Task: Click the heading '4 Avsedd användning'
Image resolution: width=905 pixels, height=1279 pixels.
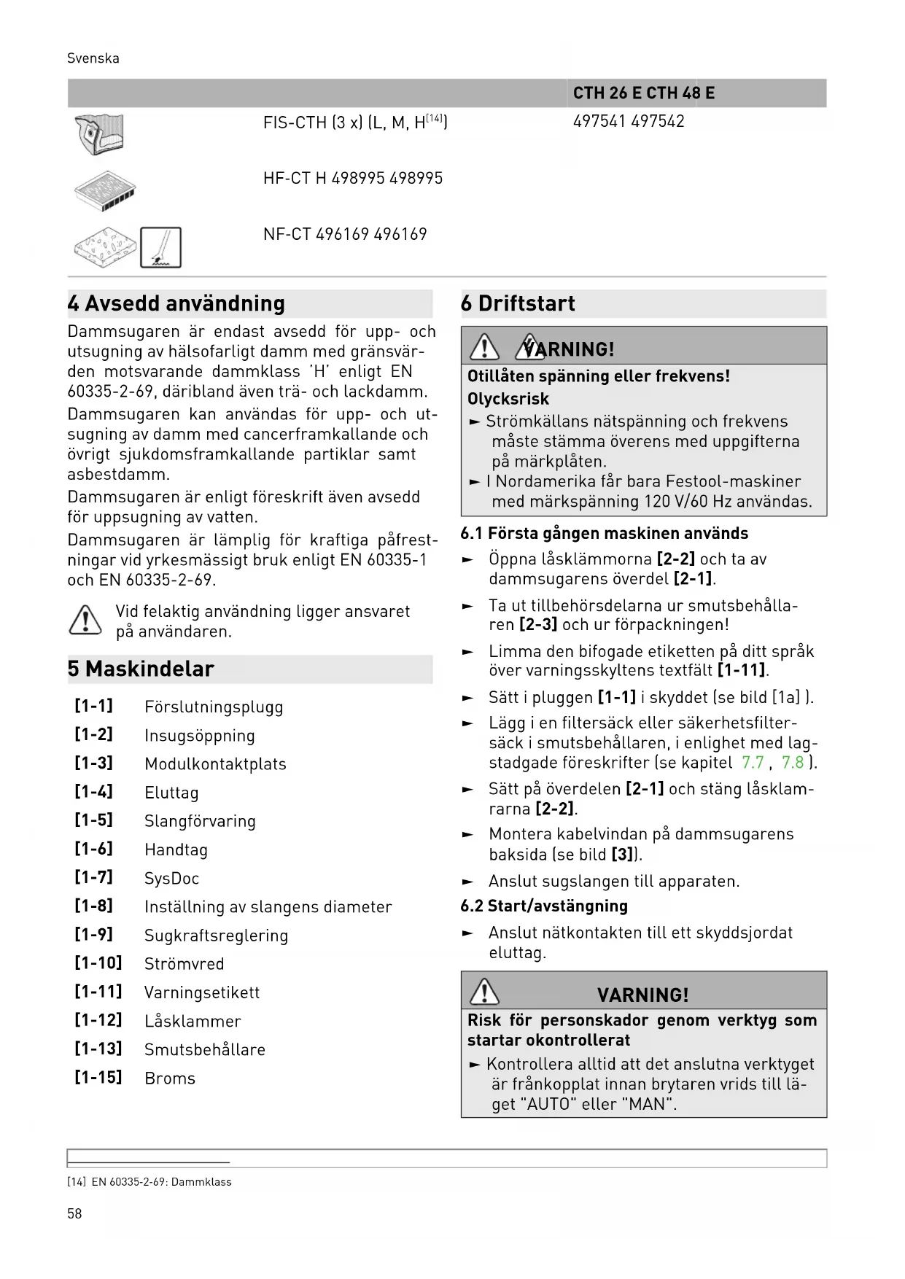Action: click(176, 303)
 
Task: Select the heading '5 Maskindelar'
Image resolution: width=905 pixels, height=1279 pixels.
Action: click(141, 669)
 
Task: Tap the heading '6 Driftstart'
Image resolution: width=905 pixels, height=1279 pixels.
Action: click(518, 303)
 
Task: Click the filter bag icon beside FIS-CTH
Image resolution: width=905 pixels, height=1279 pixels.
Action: click(99, 135)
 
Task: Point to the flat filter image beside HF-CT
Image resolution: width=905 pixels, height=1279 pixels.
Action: click(105, 191)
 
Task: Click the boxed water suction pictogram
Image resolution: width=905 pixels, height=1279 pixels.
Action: click(160, 247)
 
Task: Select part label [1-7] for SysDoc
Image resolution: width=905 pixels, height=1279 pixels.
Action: click(94, 877)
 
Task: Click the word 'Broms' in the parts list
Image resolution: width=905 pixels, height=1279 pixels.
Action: click(170, 1078)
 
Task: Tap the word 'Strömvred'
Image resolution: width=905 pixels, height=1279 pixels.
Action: click(184, 964)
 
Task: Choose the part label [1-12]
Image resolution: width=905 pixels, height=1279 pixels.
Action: click(98, 1020)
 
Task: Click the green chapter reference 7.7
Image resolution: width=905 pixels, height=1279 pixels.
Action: click(753, 763)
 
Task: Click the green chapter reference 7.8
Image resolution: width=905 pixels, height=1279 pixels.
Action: click(793, 763)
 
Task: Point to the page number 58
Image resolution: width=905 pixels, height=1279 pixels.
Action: click(74, 1213)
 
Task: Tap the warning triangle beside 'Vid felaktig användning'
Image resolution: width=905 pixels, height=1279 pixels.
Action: click(85, 621)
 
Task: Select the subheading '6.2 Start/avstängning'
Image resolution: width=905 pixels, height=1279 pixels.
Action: click(544, 906)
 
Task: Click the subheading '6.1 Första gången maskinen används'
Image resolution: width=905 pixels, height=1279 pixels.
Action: click(604, 533)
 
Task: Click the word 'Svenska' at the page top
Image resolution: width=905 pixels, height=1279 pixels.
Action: click(93, 58)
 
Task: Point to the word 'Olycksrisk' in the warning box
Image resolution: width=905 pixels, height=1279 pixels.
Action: click(508, 399)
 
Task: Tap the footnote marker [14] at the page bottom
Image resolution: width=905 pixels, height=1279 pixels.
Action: click(76, 1182)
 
